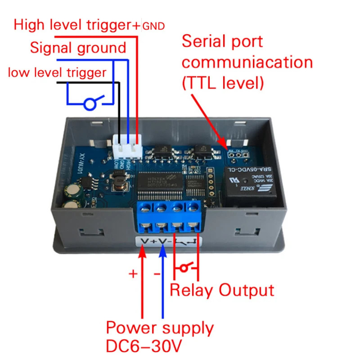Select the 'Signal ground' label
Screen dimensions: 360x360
(78, 48)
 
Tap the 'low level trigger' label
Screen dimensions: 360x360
(57, 72)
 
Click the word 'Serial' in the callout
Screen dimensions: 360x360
(205, 41)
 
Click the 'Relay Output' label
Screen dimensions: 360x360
(221, 290)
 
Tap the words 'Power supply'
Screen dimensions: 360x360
(160, 327)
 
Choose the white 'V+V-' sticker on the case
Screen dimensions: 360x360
(168, 242)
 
